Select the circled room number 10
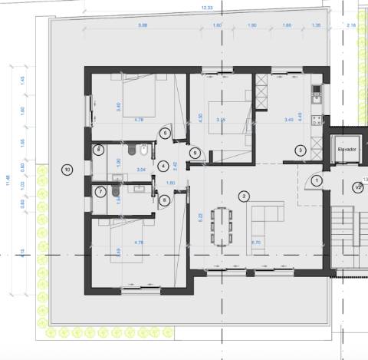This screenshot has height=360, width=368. [67, 169]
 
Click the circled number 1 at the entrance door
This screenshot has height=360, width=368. [317, 180]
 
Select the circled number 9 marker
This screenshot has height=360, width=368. [195, 154]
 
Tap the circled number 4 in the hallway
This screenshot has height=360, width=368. [164, 164]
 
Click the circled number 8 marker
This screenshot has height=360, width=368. [99, 150]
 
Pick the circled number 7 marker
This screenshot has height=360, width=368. [100, 191]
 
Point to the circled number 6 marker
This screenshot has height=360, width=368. [166, 200]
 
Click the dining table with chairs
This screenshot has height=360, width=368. [223, 225]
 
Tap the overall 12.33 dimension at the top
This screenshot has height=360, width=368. [206, 7]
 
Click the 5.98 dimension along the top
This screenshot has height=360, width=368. [143, 25]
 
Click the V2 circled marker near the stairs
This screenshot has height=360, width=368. [357, 187]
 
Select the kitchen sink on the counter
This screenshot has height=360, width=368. [315, 94]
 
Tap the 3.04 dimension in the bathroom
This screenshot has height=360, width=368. [119, 167]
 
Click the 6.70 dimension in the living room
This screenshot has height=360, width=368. [255, 243]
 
